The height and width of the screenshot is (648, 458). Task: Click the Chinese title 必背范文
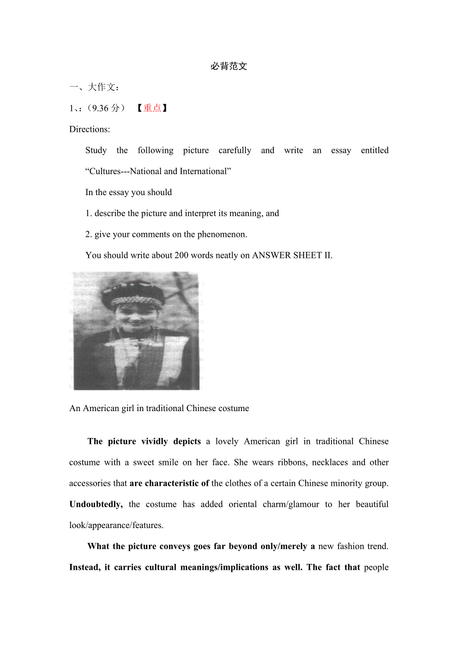229,66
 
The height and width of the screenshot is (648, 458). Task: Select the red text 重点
152,108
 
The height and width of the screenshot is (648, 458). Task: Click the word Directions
90,129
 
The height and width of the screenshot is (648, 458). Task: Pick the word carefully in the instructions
235,150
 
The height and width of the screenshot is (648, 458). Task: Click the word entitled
374,150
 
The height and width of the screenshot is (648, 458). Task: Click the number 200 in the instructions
181,255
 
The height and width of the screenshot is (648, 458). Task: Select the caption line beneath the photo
159,409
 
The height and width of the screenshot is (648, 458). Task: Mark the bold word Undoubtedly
96,504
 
